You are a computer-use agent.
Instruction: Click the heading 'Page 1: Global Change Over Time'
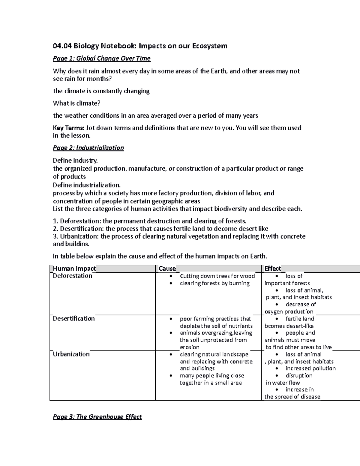[x=101, y=59]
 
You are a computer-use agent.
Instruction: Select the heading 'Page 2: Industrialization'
[x=88, y=148]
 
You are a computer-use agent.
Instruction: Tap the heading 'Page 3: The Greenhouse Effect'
[x=97, y=417]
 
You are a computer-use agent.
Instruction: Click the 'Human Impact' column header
[x=74, y=269]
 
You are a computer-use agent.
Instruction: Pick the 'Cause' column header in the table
[x=167, y=269]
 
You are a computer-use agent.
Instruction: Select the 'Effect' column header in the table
[x=272, y=269]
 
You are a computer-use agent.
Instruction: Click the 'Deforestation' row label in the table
[x=72, y=276]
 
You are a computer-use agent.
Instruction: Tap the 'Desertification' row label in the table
[x=73, y=319]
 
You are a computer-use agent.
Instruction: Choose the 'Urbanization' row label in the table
[x=71, y=354]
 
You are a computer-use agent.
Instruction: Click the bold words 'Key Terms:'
[x=69, y=128]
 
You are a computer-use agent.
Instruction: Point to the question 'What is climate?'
[x=76, y=104]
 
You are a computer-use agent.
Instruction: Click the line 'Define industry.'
[x=75, y=161]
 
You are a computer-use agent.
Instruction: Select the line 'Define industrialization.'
[x=87, y=185]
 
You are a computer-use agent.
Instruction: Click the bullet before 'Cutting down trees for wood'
[x=171, y=276]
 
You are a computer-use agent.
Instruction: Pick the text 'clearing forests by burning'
[x=214, y=283]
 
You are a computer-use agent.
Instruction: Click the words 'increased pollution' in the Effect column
[x=310, y=368]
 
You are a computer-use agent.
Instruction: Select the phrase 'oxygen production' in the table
[x=289, y=311]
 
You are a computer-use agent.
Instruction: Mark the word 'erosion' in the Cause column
[x=189, y=347]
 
